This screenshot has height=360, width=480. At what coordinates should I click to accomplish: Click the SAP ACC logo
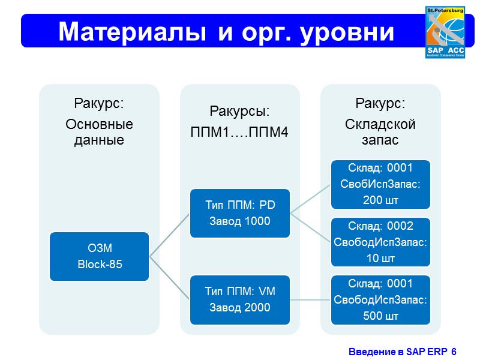pyautogui.click(x=446, y=33)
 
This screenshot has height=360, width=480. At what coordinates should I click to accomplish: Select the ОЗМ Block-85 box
pyautogui.click(x=100, y=256)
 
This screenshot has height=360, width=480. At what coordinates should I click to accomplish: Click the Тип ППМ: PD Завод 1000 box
pyautogui.click(x=240, y=213)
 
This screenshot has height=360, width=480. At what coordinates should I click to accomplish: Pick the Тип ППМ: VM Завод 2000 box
pyautogui.click(x=240, y=299)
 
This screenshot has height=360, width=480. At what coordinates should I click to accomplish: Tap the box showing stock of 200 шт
pyautogui.click(x=380, y=183)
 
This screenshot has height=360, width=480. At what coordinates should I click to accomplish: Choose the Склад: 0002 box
pyautogui.click(x=380, y=242)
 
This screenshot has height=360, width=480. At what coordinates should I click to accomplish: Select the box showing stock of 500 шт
pyautogui.click(x=380, y=299)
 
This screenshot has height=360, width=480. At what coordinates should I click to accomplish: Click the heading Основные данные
pyautogui.click(x=99, y=133)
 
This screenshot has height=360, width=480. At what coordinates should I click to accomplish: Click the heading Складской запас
pyautogui.click(x=380, y=132)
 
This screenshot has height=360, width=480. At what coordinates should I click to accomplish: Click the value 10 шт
pyautogui.click(x=380, y=259)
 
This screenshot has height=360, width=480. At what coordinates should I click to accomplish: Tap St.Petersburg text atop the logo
pyautogui.click(x=446, y=10)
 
